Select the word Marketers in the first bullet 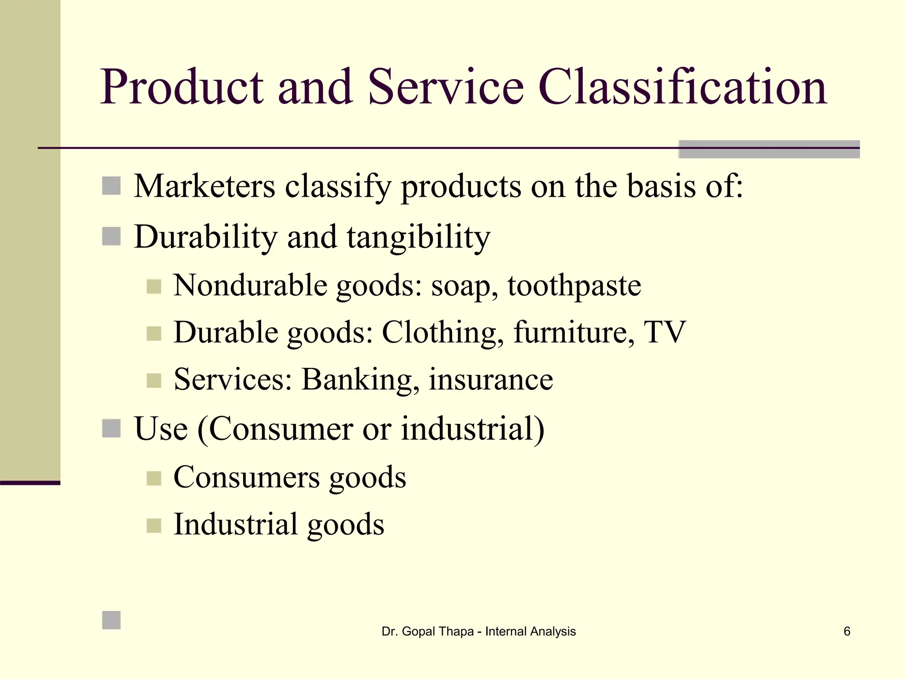[x=205, y=186]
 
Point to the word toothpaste [x=574, y=286]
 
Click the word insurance [x=491, y=379]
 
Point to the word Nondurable [x=250, y=285]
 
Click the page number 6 [x=847, y=631]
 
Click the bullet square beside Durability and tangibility [x=111, y=237]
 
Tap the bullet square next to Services [x=154, y=380]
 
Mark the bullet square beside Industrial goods [x=154, y=525]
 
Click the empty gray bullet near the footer [x=111, y=620]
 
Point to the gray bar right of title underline [x=769, y=149]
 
